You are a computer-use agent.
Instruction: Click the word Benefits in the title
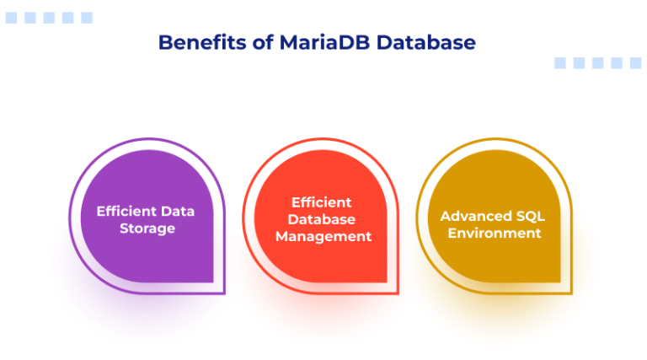pyautogui.click(x=202, y=42)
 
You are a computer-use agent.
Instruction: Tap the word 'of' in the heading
pyautogui.click(x=263, y=42)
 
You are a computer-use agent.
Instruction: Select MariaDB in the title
pyautogui.click(x=324, y=42)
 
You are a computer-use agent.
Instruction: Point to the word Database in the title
pyautogui.click(x=425, y=42)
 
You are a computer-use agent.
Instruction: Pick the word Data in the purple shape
pyautogui.click(x=178, y=212)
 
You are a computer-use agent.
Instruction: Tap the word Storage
pyautogui.click(x=147, y=228)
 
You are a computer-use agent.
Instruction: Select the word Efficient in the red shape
pyautogui.click(x=322, y=202)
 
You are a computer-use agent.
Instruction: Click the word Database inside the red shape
pyautogui.click(x=322, y=219)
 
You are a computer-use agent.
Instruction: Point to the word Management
pyautogui.click(x=323, y=237)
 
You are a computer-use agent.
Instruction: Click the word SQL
pyautogui.click(x=531, y=216)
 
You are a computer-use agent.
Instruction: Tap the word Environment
pyautogui.click(x=495, y=233)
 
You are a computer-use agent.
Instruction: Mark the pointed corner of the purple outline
pyautogui.click(x=225, y=293)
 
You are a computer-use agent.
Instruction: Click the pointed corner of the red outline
pyautogui.click(x=398, y=293)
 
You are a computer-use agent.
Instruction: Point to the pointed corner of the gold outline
pyautogui.click(x=572, y=293)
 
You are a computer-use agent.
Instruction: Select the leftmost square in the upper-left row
pyautogui.click(x=11, y=18)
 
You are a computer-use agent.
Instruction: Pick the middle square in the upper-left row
pyautogui.click(x=49, y=18)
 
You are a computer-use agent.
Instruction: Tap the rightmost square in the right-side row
pyautogui.click(x=635, y=62)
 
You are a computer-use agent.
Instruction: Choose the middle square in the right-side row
pyautogui.click(x=598, y=62)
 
